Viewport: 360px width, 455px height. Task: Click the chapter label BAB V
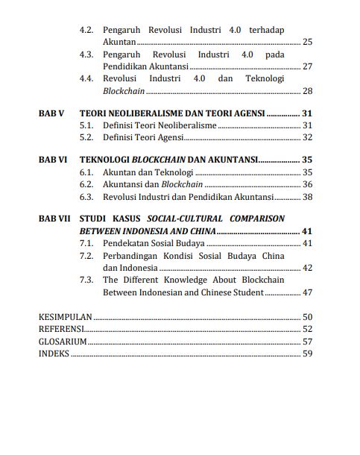(x=51, y=113)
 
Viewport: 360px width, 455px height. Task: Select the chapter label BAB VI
(x=52, y=160)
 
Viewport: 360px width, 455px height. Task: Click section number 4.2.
(x=86, y=29)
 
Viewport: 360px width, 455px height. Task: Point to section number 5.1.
(x=86, y=125)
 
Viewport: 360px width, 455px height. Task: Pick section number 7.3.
(x=86, y=280)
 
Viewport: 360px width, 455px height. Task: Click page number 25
(x=308, y=41)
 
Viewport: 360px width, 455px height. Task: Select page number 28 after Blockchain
(x=308, y=91)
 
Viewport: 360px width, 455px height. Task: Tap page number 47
(x=308, y=292)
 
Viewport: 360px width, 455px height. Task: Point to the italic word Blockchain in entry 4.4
(x=124, y=91)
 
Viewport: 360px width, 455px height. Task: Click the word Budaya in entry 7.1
(x=189, y=243)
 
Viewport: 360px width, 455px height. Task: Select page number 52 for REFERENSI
(x=307, y=329)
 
